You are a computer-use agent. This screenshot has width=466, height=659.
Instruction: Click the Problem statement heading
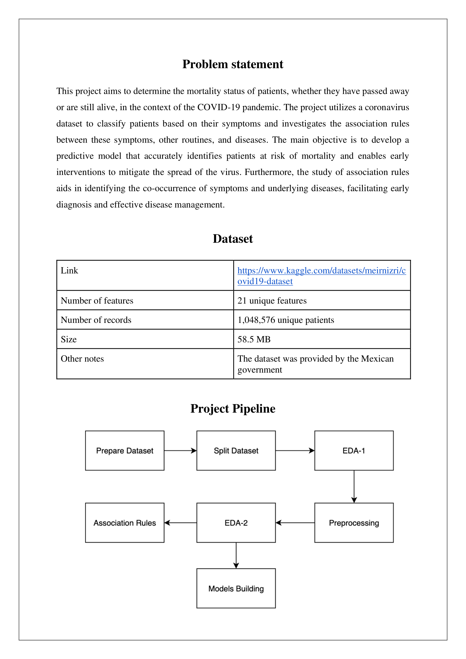[233, 64]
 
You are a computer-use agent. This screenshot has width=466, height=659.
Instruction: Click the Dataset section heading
[233, 239]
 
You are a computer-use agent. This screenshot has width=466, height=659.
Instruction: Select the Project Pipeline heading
[233, 409]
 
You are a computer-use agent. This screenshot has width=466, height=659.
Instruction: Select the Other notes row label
[82, 359]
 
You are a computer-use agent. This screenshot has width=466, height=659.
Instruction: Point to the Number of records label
[96, 320]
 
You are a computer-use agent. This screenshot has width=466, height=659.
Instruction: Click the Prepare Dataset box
[125, 451]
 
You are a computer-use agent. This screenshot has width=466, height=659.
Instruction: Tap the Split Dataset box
[236, 451]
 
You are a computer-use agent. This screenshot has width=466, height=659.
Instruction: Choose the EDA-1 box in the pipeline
[354, 451]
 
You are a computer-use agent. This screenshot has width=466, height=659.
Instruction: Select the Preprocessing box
[354, 523]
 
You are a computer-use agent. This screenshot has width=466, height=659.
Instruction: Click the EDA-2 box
[236, 523]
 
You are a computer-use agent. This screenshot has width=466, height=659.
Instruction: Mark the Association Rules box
[125, 523]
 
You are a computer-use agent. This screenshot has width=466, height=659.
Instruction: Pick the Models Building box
[236, 588]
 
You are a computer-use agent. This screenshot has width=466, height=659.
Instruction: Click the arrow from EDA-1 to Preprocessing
[354, 487]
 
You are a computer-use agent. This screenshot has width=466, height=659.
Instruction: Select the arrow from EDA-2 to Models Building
[236, 555]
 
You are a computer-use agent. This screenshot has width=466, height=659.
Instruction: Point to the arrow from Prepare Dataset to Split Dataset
[180, 451]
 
